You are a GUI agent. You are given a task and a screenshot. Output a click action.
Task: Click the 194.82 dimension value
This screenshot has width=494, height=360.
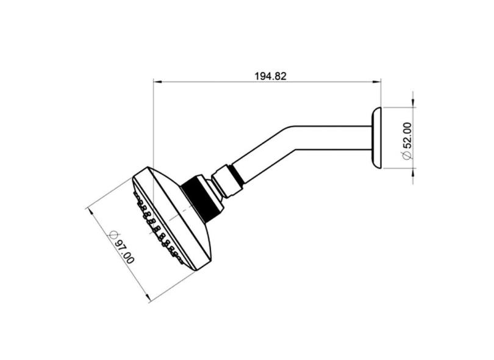click(x=270, y=76)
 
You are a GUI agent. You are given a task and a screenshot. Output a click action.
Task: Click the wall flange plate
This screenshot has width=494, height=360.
click(x=376, y=138)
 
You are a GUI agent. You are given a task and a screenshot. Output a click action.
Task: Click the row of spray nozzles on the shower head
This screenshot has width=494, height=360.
click(x=156, y=228)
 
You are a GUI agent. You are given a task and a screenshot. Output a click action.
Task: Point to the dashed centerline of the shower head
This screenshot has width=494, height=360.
click(x=177, y=215)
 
